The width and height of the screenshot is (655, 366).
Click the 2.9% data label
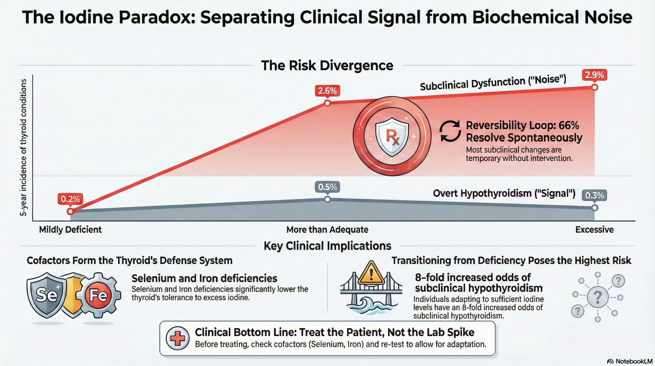[594, 75]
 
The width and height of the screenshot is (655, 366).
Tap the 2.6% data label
[327, 91]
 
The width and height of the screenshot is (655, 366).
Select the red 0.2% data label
[70, 199]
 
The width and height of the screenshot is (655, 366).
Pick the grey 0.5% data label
[327, 187]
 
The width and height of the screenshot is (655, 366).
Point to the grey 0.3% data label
[594, 196]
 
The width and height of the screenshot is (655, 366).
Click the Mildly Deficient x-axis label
[70, 230]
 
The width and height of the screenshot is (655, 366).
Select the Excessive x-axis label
[594, 230]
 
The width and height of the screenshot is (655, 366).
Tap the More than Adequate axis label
[327, 230]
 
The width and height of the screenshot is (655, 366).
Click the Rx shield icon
[392, 136]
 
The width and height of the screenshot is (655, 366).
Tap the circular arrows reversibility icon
[450, 131]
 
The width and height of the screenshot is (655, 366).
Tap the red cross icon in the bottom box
[178, 338]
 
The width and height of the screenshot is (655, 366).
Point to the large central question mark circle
[598, 297]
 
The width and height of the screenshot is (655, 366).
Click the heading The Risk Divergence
[327, 66]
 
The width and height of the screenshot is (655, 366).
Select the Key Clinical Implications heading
[327, 246]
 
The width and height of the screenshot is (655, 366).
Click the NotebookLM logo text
[634, 361]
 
